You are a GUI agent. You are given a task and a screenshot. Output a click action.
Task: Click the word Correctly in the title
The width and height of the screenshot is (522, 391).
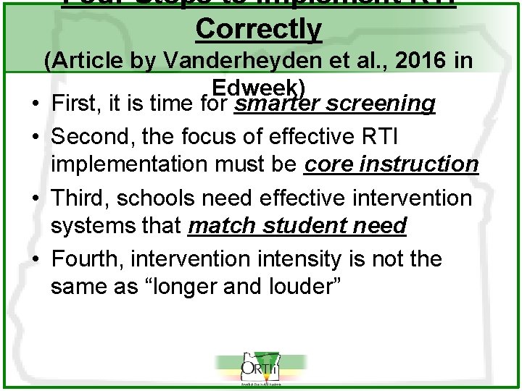tap(258, 29)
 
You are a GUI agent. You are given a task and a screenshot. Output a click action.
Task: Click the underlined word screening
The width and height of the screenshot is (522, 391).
tap(381, 104)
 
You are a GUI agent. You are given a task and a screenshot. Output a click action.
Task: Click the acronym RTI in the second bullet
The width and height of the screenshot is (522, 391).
tap(376, 135)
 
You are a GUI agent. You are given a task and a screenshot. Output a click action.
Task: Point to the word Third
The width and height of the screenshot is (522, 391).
tap(82, 197)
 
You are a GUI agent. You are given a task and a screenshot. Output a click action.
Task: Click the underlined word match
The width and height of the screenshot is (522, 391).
tap(221, 227)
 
